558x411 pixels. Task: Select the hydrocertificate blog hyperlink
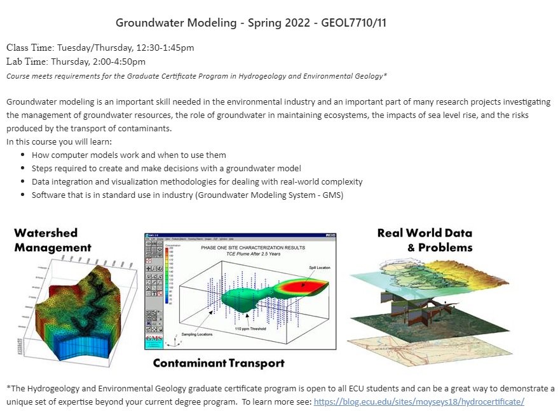(x=419, y=402)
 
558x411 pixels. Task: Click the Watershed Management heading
(x=53, y=240)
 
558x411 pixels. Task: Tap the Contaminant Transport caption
(x=219, y=363)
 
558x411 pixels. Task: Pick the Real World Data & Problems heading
(x=425, y=240)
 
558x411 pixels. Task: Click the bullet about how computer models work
(x=128, y=155)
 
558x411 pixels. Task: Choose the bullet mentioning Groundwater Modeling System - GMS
(x=187, y=195)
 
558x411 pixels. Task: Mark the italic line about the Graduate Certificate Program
(x=196, y=76)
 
